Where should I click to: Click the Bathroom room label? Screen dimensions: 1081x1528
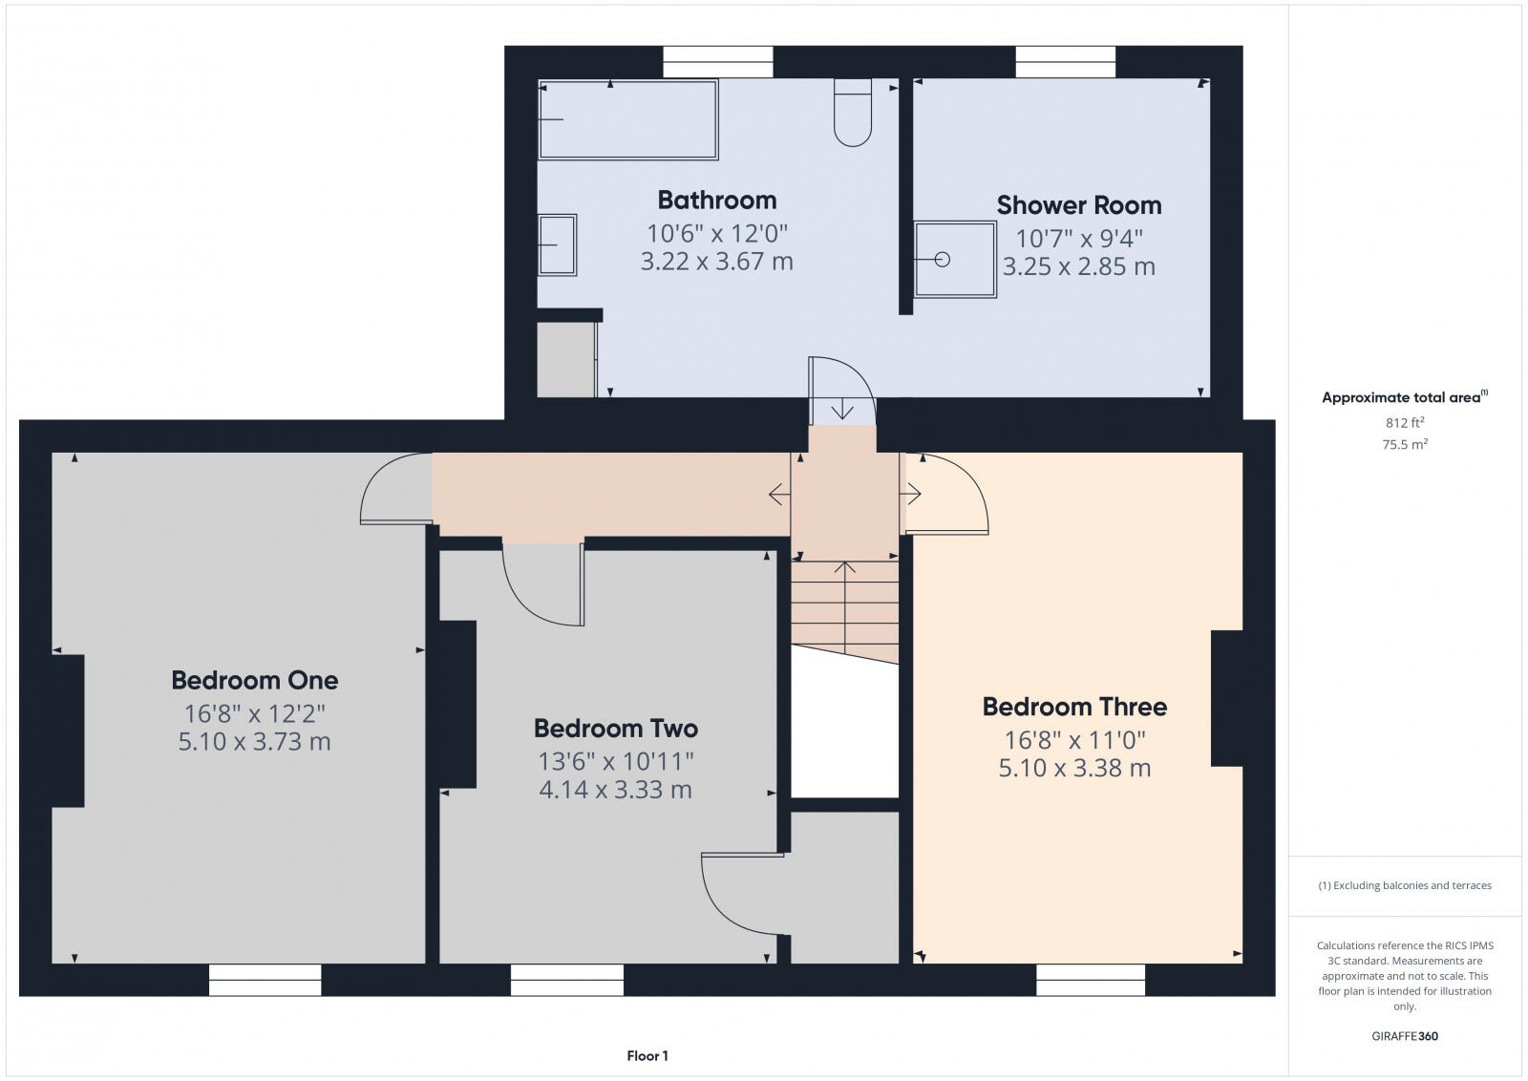[716, 201]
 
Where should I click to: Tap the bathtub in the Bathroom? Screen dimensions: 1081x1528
[627, 120]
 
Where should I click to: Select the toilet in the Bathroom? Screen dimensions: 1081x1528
[853, 113]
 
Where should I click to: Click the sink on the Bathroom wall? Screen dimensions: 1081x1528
[557, 245]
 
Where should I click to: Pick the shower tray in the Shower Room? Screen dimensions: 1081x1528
[955, 260]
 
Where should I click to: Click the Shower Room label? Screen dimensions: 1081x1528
[1078, 205]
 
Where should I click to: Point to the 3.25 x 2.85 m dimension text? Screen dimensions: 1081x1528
[1078, 266]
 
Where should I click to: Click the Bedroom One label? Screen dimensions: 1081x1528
[254, 681]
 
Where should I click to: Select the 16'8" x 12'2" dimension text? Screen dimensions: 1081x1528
[254, 713]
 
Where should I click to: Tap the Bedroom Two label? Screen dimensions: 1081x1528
[615, 729]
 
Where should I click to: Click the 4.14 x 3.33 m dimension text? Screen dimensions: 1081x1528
[615, 790]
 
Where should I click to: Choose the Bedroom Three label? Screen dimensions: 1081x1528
[1074, 708]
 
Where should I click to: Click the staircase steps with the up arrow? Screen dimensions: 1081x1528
[844, 602]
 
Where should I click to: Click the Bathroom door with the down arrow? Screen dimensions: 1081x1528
[841, 392]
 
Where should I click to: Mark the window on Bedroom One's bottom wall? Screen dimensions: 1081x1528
[265, 980]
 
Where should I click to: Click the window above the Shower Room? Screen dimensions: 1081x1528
[1065, 62]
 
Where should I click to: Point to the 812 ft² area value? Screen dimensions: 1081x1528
[1404, 422]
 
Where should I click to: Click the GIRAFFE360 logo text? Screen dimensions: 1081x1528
[1404, 1036]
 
